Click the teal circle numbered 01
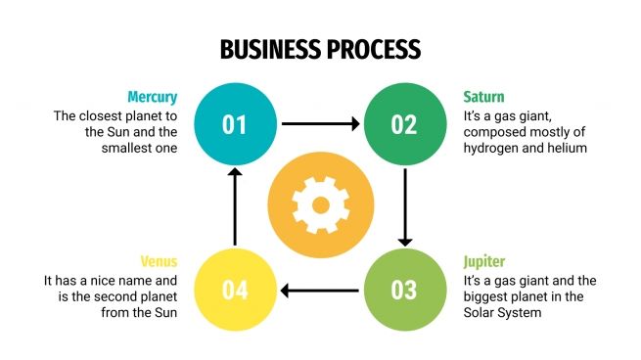tap(234, 123)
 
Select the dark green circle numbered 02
tap(403, 123)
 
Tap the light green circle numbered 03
tap(403, 290)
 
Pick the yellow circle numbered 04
tap(234, 290)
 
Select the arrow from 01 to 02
tap(318, 124)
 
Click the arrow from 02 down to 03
tap(404, 206)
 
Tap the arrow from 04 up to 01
tap(234, 206)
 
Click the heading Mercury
tap(152, 97)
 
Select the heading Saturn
tap(483, 97)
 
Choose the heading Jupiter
tap(486, 263)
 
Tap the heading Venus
tap(158, 263)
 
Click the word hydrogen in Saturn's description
tap(493, 148)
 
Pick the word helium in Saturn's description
tap(568, 148)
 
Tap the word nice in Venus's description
tap(111, 281)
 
